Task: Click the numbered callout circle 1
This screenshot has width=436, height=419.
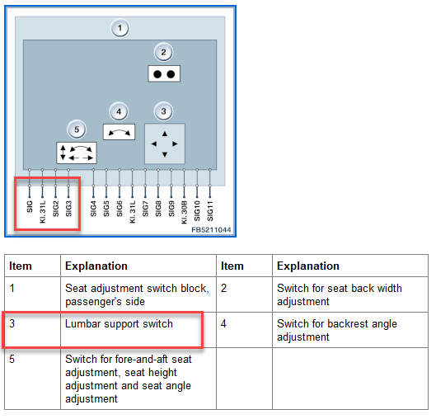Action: point(120,28)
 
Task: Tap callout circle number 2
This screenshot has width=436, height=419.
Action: point(163,52)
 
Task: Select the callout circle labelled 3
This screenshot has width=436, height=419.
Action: point(163,111)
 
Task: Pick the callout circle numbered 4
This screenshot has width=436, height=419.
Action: point(119,111)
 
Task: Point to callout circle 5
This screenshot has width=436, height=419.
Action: point(77,129)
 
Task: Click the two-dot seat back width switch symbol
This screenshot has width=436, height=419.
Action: point(164,73)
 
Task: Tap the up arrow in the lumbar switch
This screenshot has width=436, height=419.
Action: point(165,134)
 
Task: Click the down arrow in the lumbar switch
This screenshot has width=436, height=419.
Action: point(165,154)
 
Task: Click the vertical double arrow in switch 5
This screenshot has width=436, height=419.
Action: point(63,153)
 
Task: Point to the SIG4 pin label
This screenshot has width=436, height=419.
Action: point(93,209)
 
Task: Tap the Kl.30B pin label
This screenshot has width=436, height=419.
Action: point(184,212)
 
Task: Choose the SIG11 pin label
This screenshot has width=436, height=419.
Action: point(210,211)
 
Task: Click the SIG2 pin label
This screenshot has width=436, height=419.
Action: point(55,209)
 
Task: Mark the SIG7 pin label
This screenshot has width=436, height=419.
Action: point(145,209)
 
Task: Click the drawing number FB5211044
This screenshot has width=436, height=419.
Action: point(211,230)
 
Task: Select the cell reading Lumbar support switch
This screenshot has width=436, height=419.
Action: point(119,324)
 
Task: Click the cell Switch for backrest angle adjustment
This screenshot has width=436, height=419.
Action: point(337,330)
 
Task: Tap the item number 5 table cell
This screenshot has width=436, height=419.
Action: point(12,359)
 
